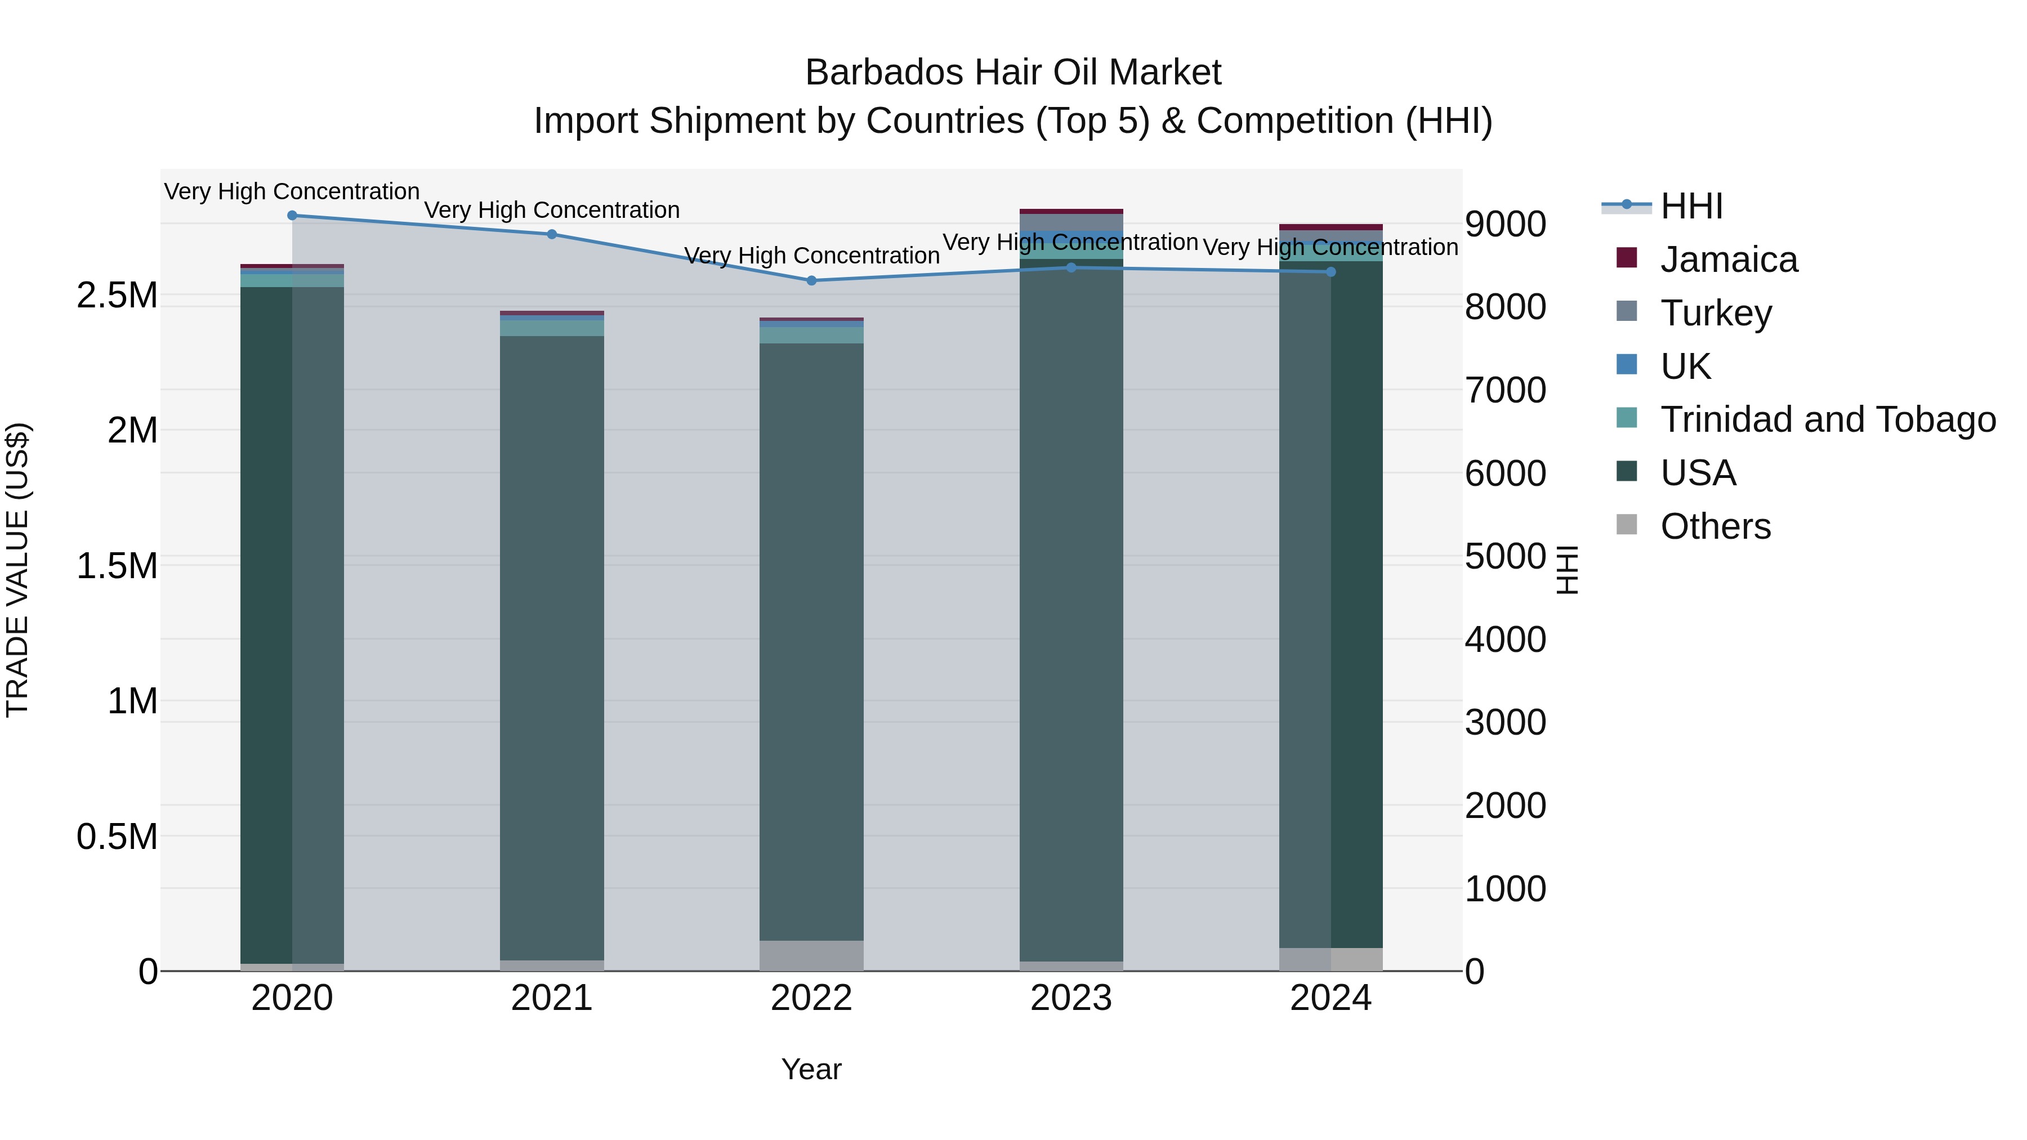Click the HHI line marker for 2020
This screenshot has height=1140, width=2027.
pos(292,215)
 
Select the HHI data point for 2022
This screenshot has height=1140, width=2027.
pos(811,280)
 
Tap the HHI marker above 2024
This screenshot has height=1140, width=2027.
pos(1331,271)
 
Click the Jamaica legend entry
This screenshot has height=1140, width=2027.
pos(1729,260)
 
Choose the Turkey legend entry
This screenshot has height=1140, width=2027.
pos(1716,312)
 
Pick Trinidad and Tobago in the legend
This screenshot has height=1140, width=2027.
pos(1827,419)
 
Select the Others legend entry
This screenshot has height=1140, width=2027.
pos(1716,526)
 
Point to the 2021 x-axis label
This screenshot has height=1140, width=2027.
pos(552,998)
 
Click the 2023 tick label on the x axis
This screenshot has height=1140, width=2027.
pos(1071,998)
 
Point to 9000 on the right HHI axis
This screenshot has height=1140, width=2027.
pos(1505,224)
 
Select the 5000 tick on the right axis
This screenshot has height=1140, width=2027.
pos(1505,556)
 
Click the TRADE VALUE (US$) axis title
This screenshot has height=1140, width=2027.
pos(17,570)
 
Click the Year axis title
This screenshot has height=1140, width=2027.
pos(811,1069)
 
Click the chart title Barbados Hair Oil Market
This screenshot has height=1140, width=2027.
pos(1013,73)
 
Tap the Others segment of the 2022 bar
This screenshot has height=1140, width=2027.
pos(811,955)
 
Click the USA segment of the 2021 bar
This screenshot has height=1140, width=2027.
pos(552,645)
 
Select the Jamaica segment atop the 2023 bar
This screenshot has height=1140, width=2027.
pos(1071,211)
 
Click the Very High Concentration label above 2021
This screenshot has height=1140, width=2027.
pos(552,210)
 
